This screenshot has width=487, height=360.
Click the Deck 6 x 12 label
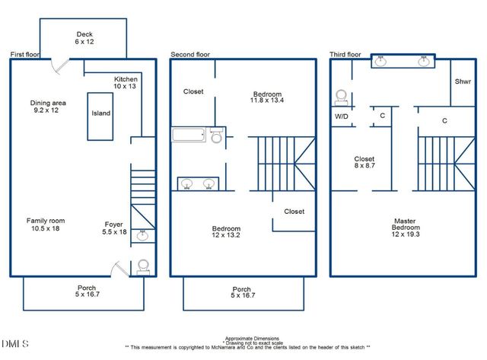click(83, 38)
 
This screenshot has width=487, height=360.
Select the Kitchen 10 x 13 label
click(125, 83)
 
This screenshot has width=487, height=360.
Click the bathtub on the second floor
click(189, 135)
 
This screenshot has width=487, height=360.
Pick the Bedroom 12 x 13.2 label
click(226, 233)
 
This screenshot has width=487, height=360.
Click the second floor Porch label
click(242, 292)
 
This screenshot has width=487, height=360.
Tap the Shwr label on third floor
click(462, 81)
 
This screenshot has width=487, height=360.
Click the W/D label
click(342, 116)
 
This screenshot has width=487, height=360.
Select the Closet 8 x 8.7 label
click(364, 163)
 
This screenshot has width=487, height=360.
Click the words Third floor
click(345, 55)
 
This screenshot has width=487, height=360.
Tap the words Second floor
click(190, 55)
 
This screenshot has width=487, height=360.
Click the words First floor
click(27, 55)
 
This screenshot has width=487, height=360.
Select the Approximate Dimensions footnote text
click(251, 338)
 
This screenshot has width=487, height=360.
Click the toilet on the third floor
click(342, 97)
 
